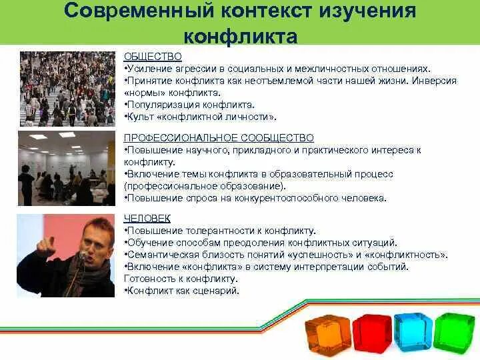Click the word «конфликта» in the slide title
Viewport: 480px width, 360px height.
point(240,37)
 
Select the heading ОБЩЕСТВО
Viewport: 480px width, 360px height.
point(153,57)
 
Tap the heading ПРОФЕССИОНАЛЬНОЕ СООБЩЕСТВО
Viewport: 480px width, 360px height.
point(219,138)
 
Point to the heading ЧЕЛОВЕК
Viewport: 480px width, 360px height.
point(147,218)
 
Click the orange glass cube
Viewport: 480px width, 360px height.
point(328,335)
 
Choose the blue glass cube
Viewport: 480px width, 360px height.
point(413,332)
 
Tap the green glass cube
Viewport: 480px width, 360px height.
point(454,331)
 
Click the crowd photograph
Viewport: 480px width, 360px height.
point(67,89)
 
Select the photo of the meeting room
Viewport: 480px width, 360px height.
point(67,169)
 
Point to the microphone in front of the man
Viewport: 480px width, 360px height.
point(83,255)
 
